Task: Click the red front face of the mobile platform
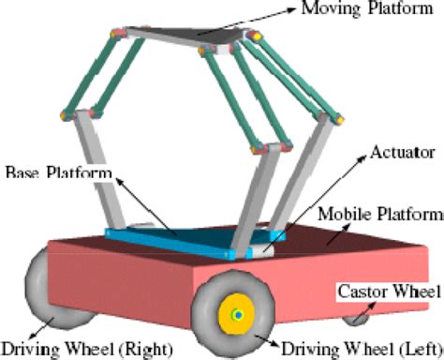[x=122, y=277]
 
